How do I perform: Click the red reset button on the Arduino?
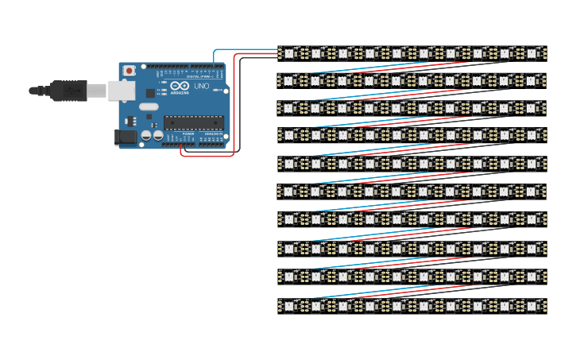[130, 71]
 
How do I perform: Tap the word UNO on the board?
[202, 86]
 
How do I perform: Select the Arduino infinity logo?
[180, 86]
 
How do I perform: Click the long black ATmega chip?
[193, 122]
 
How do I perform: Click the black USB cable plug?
[67, 91]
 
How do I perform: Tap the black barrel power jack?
[125, 137]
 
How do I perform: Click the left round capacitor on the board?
[146, 136]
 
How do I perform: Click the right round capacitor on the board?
[158, 136]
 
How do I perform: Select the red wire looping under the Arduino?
[208, 155]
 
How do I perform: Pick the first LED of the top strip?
[289, 53]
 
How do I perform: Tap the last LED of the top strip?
[532, 53]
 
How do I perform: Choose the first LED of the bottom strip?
[289, 305]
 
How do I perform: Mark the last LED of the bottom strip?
[532, 305]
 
